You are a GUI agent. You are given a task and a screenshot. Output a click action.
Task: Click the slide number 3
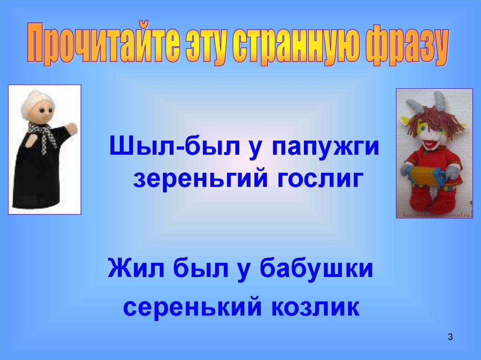[x=450, y=337]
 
